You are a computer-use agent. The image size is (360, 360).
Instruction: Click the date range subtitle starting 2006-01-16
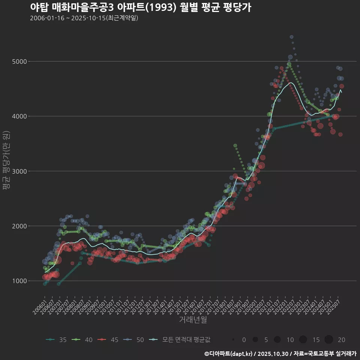coord(84,18)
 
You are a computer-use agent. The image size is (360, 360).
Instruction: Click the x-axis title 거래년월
coord(193,319)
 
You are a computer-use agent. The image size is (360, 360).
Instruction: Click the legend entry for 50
coord(134,340)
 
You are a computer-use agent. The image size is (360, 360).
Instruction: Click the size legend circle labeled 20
coord(329,340)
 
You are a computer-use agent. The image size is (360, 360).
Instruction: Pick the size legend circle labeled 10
coord(277,340)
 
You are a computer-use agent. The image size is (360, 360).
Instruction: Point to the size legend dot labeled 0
coord(233,340)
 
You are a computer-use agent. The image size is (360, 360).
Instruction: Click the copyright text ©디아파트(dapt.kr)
coord(229,354)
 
